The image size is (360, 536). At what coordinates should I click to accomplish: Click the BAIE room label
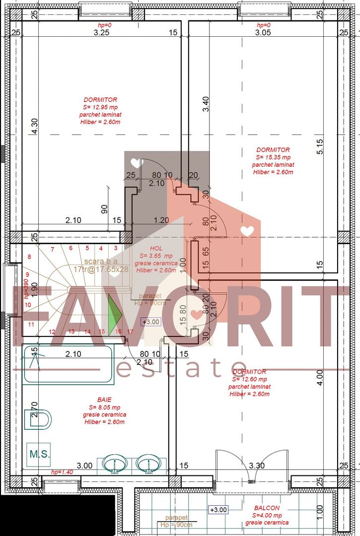coord(104,399)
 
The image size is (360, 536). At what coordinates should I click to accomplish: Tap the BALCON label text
coord(267,508)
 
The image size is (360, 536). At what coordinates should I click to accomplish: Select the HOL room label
coord(156,248)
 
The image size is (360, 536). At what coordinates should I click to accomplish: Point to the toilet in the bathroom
coord(40,419)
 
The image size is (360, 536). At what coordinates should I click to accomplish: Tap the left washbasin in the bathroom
coord(115,464)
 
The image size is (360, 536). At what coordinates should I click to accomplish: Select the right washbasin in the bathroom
coord(147,464)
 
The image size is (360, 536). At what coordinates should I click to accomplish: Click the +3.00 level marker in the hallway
coord(151,322)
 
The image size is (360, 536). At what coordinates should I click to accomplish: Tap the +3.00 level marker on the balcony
coord(218,509)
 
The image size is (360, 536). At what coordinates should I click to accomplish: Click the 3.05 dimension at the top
coord(263,33)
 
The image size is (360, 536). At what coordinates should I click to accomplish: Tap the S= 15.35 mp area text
coord(273,157)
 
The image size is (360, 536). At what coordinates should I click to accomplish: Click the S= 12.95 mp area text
coord(100,107)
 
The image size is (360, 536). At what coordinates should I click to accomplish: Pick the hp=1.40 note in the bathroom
coord(62,472)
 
